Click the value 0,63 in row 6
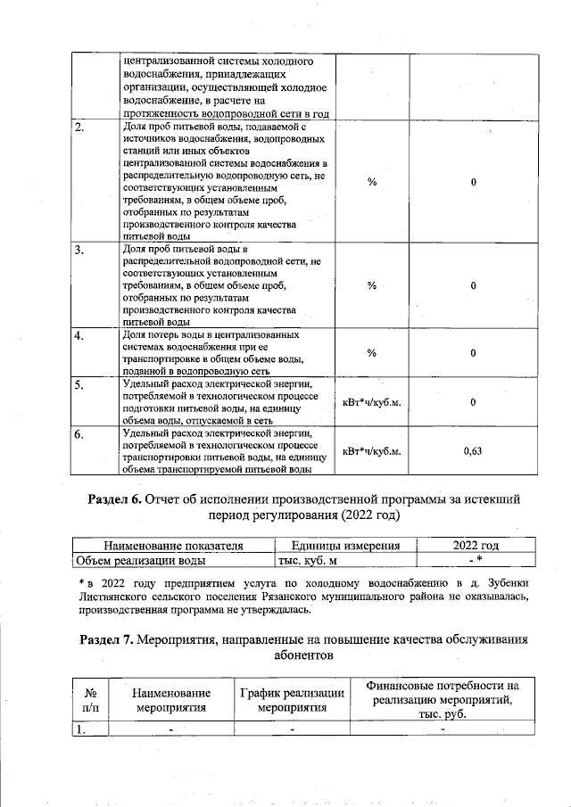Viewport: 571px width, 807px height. [x=473, y=451]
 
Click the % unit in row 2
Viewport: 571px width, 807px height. [x=372, y=183]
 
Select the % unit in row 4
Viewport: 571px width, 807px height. [x=372, y=353]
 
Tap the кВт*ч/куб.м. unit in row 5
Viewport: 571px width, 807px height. [x=372, y=402]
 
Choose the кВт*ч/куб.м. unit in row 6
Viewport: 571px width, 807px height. [x=372, y=451]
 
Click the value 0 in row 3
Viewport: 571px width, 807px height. [x=473, y=286]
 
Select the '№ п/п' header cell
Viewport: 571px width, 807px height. [x=89, y=700]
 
